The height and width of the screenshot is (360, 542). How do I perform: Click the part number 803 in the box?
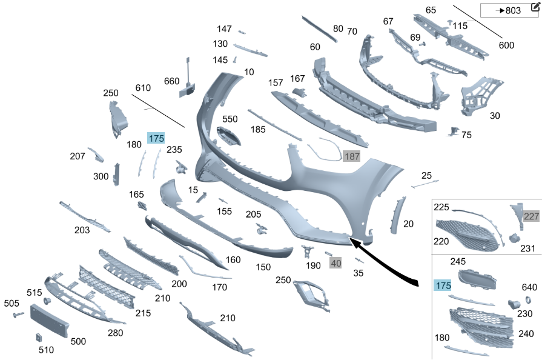(x=513, y=10)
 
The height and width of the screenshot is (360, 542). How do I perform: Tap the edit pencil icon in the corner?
(x=535, y=8)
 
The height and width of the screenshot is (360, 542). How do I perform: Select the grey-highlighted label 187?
(x=351, y=156)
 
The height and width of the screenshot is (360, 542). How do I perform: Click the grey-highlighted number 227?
(x=531, y=216)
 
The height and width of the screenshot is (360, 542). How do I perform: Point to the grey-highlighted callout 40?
(x=335, y=263)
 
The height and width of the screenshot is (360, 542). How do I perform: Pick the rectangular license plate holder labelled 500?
(x=50, y=320)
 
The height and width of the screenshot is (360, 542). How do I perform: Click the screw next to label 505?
(x=18, y=315)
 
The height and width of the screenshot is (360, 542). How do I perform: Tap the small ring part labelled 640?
(x=529, y=300)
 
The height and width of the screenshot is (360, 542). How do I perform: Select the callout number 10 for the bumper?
(x=249, y=72)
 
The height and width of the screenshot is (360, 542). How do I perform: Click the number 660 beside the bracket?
(x=171, y=81)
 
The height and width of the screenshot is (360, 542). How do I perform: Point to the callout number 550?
(x=230, y=119)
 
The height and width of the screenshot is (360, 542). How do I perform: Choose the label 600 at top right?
(x=506, y=45)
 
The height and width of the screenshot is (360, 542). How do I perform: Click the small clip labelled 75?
(x=453, y=132)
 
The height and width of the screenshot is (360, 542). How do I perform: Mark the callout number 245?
(x=458, y=261)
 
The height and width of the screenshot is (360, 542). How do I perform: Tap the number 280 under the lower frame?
(x=115, y=333)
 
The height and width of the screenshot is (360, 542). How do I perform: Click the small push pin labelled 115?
(x=450, y=23)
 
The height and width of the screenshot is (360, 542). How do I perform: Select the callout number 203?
(x=82, y=230)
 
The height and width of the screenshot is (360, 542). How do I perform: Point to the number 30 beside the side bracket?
(x=495, y=116)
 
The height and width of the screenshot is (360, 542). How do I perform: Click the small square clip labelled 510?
(x=39, y=337)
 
